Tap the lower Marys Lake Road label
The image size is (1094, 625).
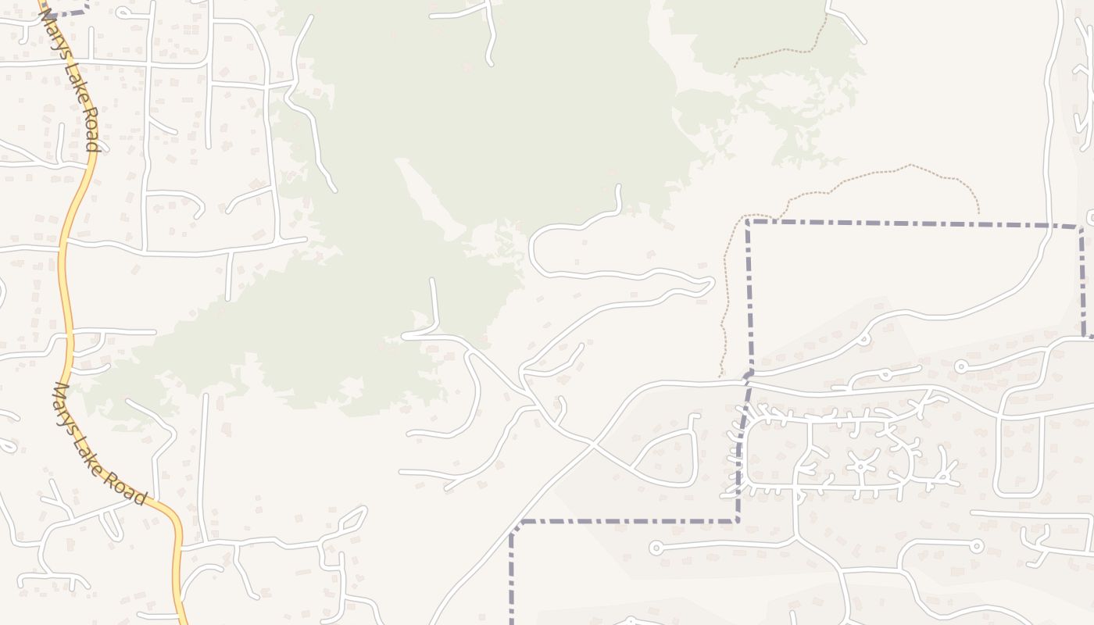tap(100, 443)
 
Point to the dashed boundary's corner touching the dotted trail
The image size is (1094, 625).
tap(749, 222)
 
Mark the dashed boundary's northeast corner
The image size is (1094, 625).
tap(1081, 227)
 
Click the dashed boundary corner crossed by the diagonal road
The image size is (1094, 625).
tap(512, 534)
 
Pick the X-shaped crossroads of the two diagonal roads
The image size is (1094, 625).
tap(592, 445)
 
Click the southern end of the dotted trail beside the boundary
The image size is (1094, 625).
tap(720, 376)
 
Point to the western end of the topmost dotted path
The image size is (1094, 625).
tap(735, 66)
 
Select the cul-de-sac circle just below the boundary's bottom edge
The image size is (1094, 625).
tap(656, 548)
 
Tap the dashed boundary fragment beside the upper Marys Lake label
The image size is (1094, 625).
tap(66, 11)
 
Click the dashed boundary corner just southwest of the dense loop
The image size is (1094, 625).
tap(737, 520)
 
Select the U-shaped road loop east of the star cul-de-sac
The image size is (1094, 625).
tap(1020, 457)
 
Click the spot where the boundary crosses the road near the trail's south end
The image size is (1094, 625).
tap(749, 377)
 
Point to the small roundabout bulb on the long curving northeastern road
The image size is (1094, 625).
tap(863, 339)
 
